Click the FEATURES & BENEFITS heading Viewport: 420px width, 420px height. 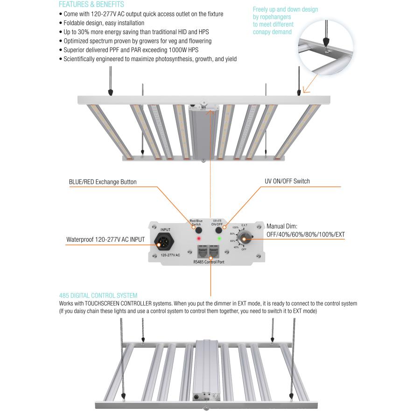(91, 5)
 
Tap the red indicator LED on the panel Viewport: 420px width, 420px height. (199, 238)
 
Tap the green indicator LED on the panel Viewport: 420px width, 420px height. (219, 238)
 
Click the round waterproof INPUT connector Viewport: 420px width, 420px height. (166, 242)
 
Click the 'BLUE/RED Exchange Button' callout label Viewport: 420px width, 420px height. (103, 182)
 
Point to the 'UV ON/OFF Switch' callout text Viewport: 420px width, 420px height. (287, 181)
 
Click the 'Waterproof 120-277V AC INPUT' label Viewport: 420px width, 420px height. (105, 240)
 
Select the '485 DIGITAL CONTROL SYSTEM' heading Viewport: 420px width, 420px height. (98, 295)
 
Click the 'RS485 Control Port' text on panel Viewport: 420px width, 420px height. (209, 262)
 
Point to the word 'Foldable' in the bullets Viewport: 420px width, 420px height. (75, 23)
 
